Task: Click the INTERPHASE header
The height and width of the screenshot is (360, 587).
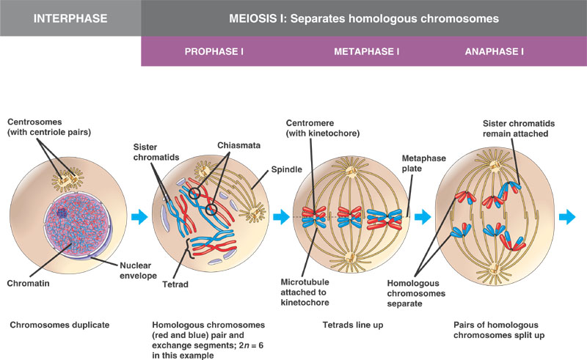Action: [x=70, y=18]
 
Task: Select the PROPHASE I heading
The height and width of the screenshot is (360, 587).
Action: [x=214, y=51]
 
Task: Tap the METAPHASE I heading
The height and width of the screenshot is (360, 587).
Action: [x=366, y=51]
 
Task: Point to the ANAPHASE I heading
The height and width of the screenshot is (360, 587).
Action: [x=494, y=51]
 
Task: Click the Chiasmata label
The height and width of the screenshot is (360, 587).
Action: [x=239, y=145]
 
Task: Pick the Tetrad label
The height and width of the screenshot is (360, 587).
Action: [x=175, y=284]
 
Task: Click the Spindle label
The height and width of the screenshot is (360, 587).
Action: [x=286, y=169]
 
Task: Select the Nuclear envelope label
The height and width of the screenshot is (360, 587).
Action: [x=138, y=271]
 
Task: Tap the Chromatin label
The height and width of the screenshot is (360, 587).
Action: [x=28, y=283]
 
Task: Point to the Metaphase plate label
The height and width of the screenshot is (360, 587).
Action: [x=424, y=164]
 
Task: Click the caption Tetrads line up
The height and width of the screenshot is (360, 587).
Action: [x=353, y=325]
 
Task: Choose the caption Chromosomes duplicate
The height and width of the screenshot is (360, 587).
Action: [x=59, y=325]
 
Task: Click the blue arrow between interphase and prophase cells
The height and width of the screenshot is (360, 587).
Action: [x=139, y=217]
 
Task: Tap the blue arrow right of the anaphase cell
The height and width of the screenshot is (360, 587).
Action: [x=566, y=217]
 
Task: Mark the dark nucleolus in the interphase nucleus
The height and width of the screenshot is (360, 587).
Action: [x=62, y=213]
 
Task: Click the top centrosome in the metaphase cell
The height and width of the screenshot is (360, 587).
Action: [x=351, y=172]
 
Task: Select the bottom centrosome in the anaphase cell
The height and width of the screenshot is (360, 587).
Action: [x=495, y=268]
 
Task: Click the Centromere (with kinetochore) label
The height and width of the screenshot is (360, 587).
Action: [x=323, y=128]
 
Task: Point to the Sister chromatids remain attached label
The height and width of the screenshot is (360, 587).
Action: [x=519, y=128]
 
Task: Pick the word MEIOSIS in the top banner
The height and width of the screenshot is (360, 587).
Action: [x=252, y=19]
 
